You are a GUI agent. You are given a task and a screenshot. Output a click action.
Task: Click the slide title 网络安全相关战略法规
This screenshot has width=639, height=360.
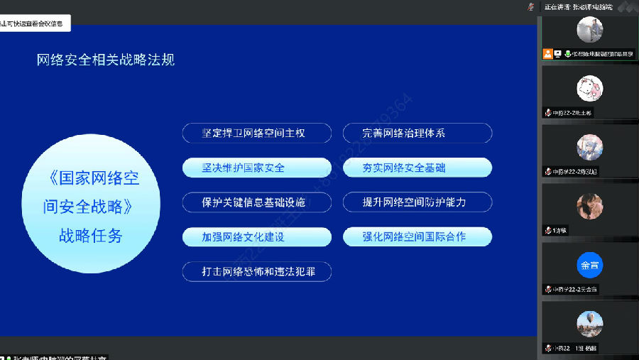click(x=106, y=60)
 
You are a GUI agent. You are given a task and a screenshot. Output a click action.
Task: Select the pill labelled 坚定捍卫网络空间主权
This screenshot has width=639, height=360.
click(x=256, y=133)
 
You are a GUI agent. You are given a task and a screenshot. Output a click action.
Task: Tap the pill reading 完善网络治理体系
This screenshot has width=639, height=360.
click(x=417, y=133)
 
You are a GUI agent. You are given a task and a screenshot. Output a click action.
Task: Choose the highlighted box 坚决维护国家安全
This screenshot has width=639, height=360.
click(x=256, y=168)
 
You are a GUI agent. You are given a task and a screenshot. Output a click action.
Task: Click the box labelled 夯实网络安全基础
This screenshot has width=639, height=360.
click(x=417, y=168)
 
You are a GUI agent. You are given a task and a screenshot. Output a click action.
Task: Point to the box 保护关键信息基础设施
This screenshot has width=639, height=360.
click(x=256, y=202)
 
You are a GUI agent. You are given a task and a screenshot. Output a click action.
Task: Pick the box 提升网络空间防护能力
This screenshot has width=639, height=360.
click(x=417, y=202)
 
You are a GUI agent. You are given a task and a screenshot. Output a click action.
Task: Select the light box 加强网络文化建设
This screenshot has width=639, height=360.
click(x=256, y=237)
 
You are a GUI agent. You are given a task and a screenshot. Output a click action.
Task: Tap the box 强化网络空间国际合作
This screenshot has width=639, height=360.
click(x=417, y=237)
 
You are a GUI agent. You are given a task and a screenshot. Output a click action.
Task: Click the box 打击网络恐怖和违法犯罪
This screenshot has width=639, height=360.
click(x=256, y=271)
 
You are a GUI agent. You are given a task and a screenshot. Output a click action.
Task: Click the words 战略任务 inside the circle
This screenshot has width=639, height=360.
click(x=91, y=236)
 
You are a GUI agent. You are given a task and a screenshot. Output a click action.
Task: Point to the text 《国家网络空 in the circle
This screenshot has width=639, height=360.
click(x=91, y=178)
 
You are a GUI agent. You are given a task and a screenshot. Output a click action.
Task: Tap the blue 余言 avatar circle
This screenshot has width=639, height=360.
click(x=589, y=266)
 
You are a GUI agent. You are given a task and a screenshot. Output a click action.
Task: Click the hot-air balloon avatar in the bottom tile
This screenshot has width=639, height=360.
click(x=589, y=324)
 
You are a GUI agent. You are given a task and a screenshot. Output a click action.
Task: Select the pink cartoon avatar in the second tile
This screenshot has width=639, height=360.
click(x=589, y=89)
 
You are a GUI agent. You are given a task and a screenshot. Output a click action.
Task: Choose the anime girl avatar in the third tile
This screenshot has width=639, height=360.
click(x=589, y=148)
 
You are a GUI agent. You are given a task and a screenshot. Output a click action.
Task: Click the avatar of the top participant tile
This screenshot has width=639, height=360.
click(x=589, y=30)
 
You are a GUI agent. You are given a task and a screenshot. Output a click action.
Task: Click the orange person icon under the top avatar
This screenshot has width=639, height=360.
click(x=547, y=53)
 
